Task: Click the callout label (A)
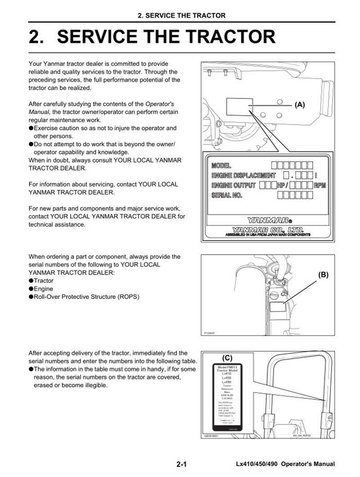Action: coord(300,104)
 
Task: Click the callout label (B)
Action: coord(323,273)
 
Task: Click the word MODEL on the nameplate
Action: coord(221,165)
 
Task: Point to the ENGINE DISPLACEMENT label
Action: coord(243,175)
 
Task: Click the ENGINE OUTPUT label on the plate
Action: coord(234,185)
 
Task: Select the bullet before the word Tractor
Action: coord(31,281)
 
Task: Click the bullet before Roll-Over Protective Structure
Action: coord(31,297)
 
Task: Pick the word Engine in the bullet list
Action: coord(44,289)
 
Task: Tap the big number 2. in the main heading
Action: coord(38,37)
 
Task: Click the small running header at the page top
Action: coord(181,16)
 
